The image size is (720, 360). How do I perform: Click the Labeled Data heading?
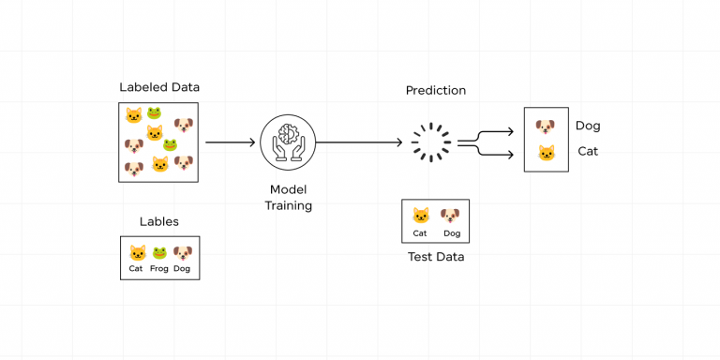(x=159, y=87)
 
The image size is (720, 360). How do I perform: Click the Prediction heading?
(x=435, y=90)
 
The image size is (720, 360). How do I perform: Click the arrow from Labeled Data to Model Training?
(x=231, y=142)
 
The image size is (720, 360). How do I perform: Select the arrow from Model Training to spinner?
(x=360, y=142)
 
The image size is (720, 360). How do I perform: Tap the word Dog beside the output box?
(x=588, y=126)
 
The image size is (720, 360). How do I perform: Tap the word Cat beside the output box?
(x=588, y=151)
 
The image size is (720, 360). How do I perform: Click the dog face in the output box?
(x=546, y=127)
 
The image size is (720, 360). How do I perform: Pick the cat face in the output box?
(x=546, y=153)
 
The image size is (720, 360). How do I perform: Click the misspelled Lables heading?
(x=159, y=222)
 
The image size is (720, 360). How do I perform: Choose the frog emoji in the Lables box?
(x=159, y=252)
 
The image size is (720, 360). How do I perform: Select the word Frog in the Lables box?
(x=159, y=269)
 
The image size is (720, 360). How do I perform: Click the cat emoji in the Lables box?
(x=137, y=252)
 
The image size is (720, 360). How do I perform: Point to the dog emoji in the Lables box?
(x=182, y=252)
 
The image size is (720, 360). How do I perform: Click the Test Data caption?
(x=435, y=257)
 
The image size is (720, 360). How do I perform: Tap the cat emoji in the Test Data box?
(x=421, y=216)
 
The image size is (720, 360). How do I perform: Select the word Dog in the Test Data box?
(x=452, y=233)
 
